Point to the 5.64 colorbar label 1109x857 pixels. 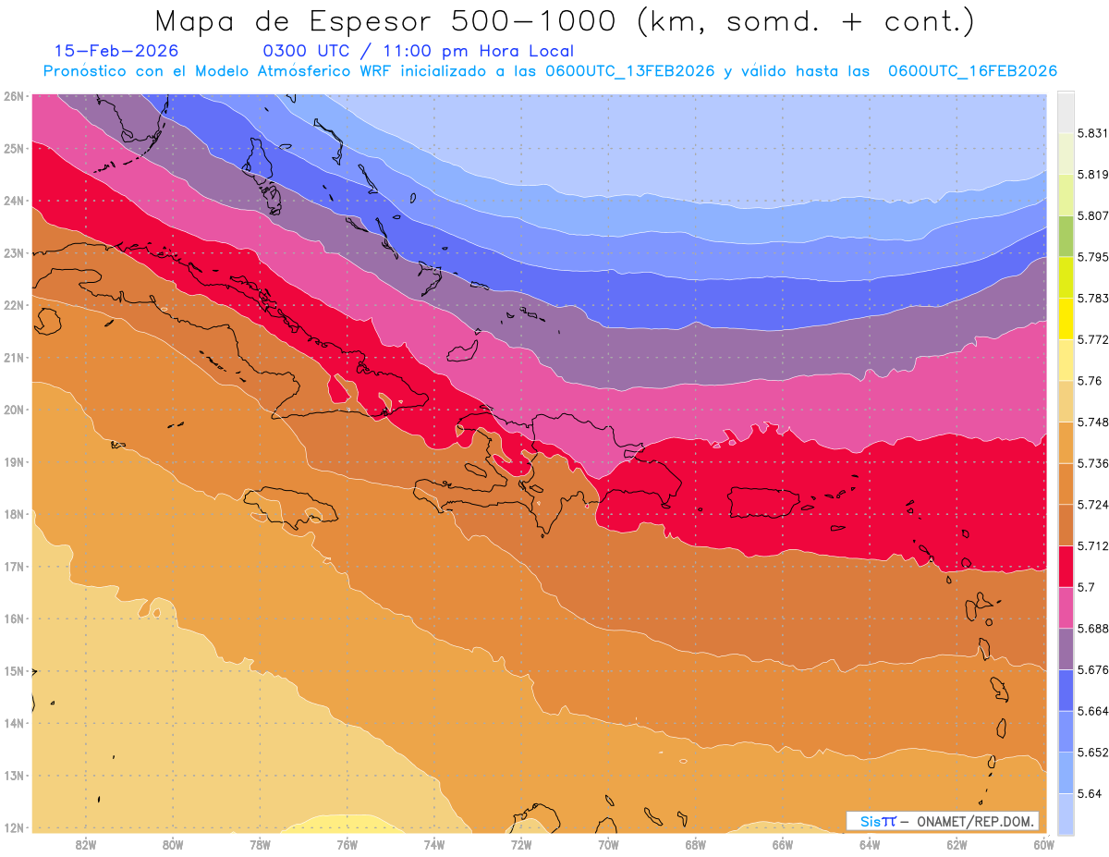point(1087,793)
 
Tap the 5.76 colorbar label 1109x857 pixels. point(1087,381)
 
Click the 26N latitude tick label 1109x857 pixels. point(14,96)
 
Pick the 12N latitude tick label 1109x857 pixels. point(14,827)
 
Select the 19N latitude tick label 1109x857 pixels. point(14,462)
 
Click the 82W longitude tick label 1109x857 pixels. point(86,845)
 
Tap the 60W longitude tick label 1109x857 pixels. point(1044,845)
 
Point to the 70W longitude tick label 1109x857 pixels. point(608,845)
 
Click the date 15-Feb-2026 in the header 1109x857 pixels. point(116,51)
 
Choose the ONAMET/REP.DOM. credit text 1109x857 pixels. point(977,821)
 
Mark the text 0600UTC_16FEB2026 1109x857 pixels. point(972,71)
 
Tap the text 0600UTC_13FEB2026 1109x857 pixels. point(629,71)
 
